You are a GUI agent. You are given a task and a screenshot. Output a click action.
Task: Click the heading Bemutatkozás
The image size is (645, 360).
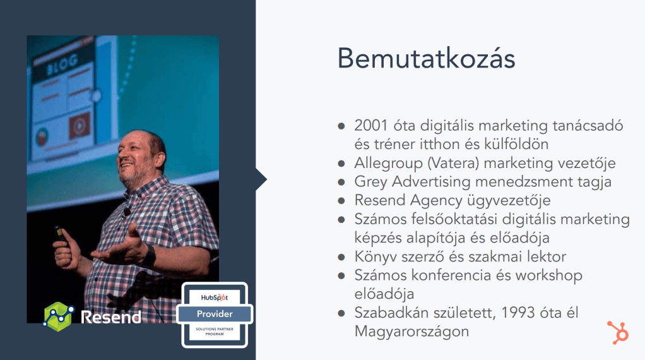(x=426, y=59)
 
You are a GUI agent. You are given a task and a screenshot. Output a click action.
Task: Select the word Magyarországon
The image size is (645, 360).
(x=411, y=332)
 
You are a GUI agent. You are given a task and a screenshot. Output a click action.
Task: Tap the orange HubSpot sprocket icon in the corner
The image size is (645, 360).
(x=618, y=332)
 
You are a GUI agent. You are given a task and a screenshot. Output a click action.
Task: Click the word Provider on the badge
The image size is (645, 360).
(x=215, y=314)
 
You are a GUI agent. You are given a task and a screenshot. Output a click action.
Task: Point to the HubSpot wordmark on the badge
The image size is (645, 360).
(x=215, y=297)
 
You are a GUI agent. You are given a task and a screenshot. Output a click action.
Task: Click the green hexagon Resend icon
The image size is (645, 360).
(x=59, y=316)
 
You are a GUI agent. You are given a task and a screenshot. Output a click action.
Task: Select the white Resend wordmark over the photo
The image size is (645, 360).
(x=111, y=317)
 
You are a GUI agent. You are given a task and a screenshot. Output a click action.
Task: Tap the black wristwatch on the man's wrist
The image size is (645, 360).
(x=149, y=256)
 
